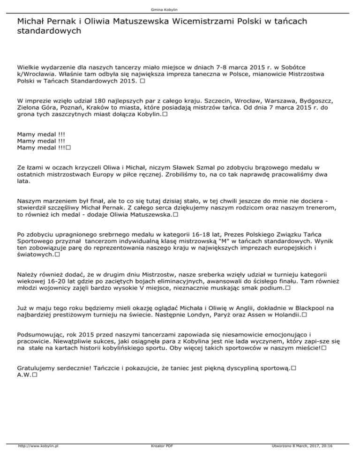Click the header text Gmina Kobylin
pyautogui.click(x=180, y=9)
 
